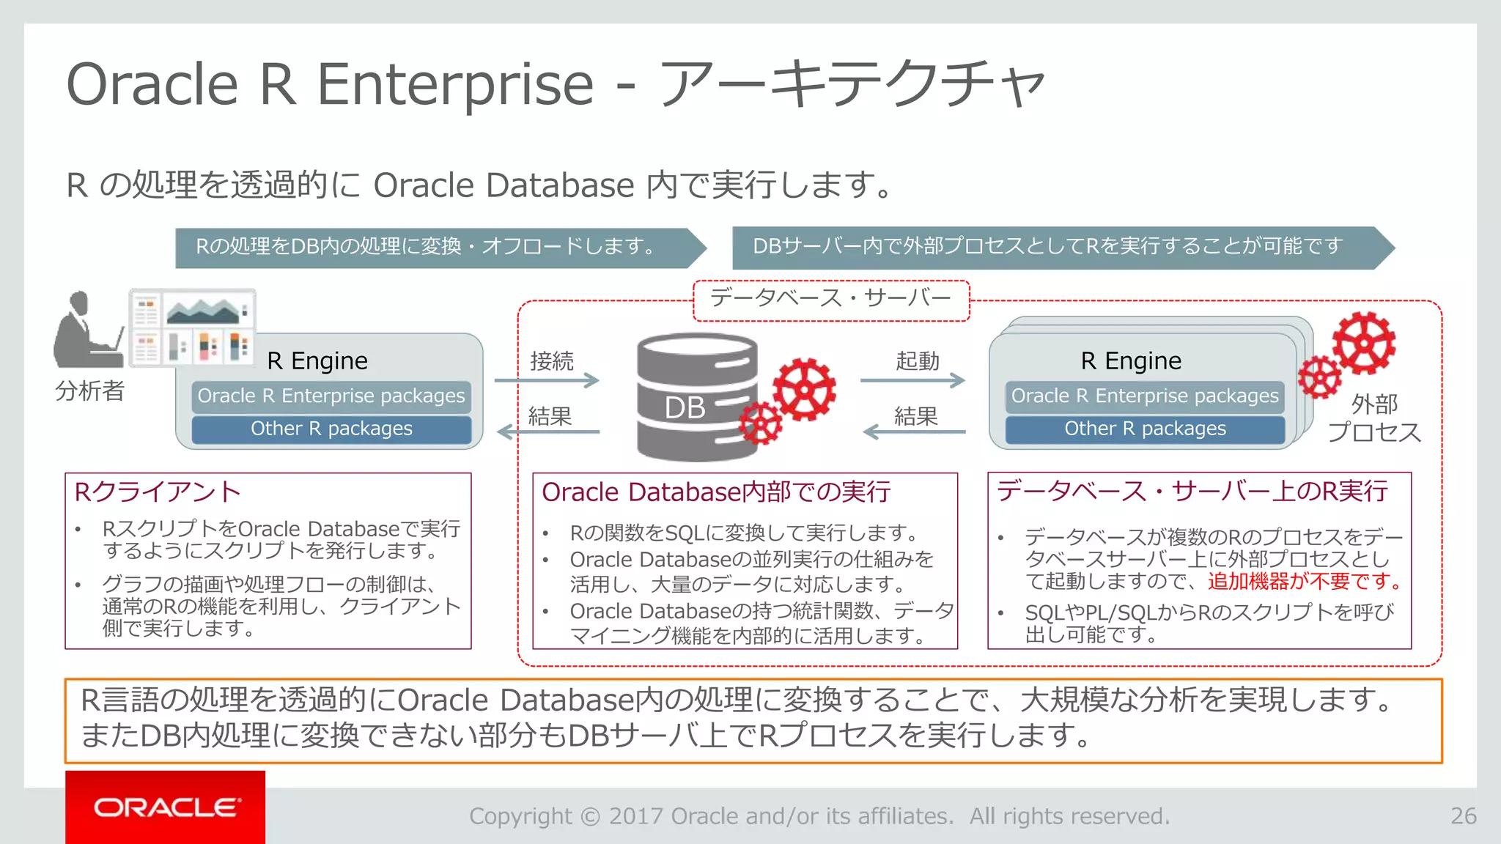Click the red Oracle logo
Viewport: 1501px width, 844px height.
click(165, 807)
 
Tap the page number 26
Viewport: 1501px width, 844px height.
click(1463, 815)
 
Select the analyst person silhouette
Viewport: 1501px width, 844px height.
click(84, 331)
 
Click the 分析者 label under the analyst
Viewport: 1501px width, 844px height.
click(90, 390)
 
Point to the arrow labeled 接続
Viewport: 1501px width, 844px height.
click(547, 380)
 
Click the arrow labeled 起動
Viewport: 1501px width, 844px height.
click(912, 380)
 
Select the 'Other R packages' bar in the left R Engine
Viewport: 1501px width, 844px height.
click(331, 429)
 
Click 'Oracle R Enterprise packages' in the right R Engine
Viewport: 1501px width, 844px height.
click(1145, 396)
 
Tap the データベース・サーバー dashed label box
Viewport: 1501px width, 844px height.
click(831, 299)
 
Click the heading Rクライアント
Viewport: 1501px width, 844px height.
click(158, 492)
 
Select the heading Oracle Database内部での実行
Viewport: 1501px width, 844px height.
click(716, 492)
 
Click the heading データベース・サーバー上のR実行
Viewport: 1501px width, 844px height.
click(1192, 491)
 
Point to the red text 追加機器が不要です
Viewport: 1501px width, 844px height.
click(1304, 581)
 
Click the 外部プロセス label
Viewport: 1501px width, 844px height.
click(1374, 418)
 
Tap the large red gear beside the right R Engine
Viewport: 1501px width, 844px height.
click(1364, 343)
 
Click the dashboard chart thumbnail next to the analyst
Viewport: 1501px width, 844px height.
click(193, 327)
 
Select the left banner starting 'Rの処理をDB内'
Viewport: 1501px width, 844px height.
click(432, 247)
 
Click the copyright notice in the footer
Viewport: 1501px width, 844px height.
click(819, 815)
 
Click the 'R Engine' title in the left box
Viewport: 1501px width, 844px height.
click(317, 361)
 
